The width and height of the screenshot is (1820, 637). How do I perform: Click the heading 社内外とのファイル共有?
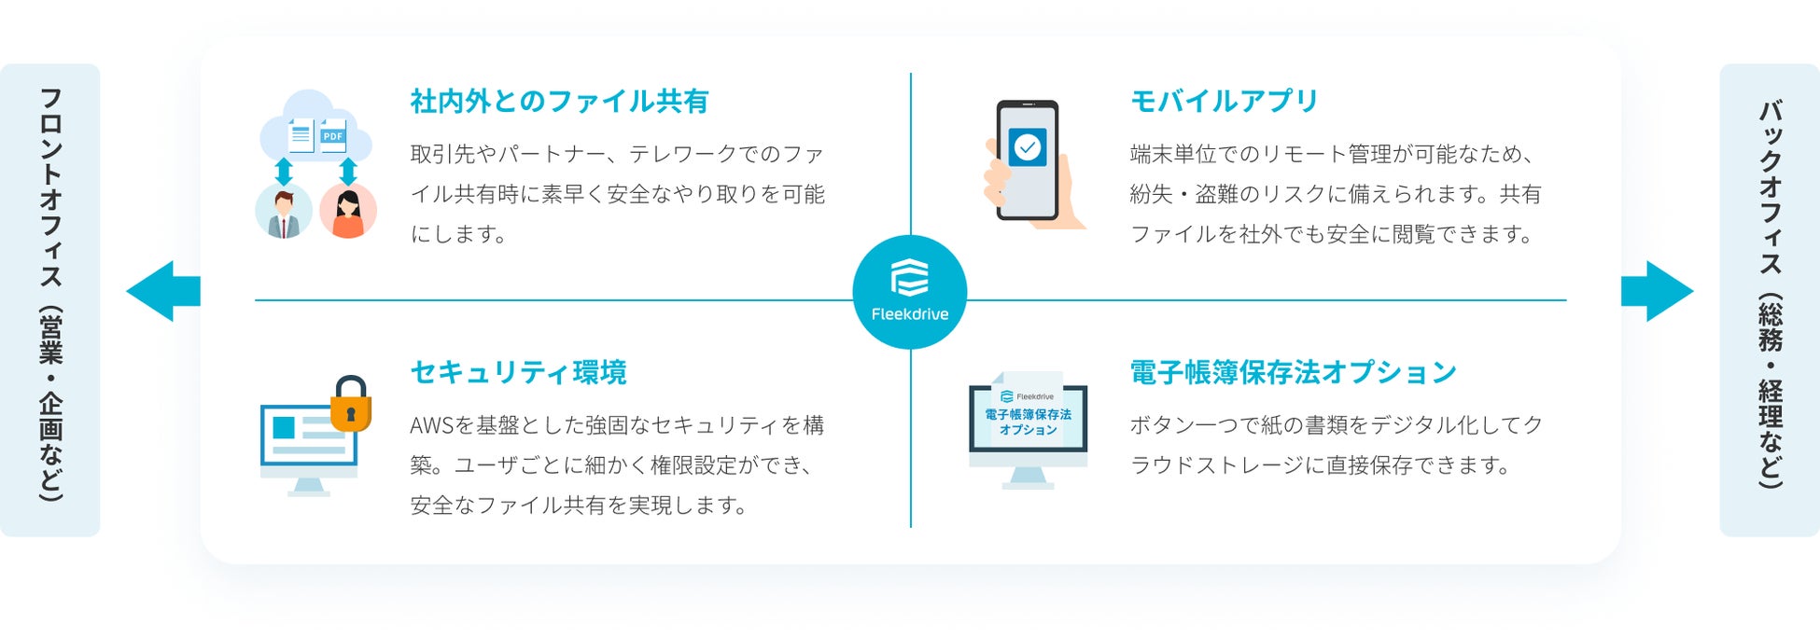tap(559, 101)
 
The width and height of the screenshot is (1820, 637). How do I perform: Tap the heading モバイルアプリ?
tap(1224, 101)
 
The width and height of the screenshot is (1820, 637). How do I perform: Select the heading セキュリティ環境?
tap(518, 372)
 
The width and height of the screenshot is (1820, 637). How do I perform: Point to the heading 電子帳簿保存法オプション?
tap(1293, 372)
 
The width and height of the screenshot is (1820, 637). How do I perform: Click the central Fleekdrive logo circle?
tap(910, 292)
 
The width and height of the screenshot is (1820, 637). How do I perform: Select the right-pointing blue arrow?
tap(1658, 291)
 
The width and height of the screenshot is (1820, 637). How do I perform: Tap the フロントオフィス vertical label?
tap(50, 298)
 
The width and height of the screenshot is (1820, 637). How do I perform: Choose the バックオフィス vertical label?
tap(1770, 298)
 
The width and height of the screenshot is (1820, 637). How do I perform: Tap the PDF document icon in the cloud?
tap(333, 136)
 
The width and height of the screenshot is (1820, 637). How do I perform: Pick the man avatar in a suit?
tap(284, 211)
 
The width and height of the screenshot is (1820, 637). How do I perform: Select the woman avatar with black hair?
tap(348, 211)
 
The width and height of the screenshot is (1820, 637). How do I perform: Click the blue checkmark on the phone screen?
tap(1028, 147)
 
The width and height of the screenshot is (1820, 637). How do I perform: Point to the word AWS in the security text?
tap(431, 426)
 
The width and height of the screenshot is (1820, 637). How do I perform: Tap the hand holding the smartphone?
tap(1003, 182)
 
